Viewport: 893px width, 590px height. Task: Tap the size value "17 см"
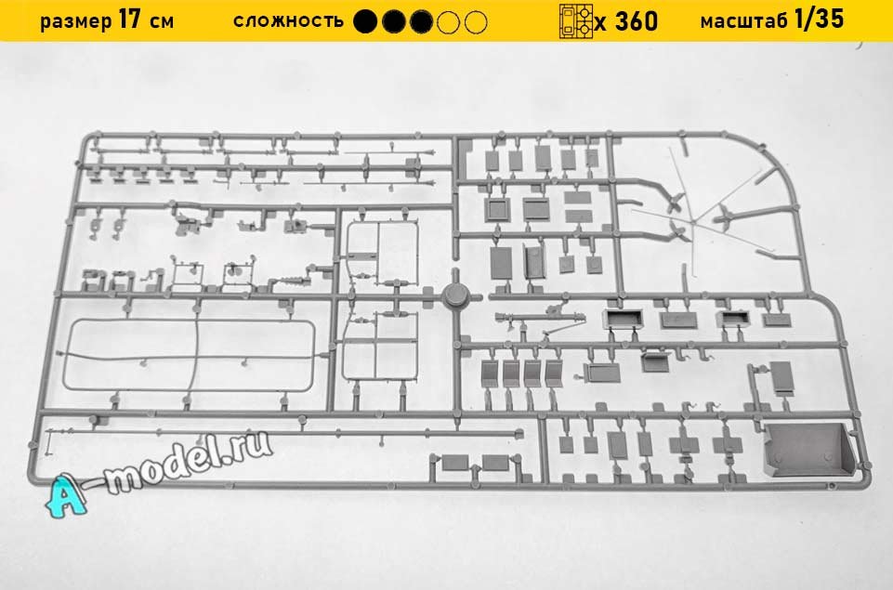click(146, 20)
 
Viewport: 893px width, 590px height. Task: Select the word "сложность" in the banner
click(288, 20)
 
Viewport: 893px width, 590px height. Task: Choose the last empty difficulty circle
click(476, 20)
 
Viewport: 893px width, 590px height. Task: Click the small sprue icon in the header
click(574, 20)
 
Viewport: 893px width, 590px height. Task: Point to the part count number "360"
click(637, 20)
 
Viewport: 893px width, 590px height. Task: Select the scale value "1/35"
click(820, 20)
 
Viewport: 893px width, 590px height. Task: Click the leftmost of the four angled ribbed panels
click(491, 374)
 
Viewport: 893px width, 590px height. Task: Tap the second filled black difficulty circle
click(395, 20)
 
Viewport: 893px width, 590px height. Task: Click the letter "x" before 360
click(601, 22)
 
